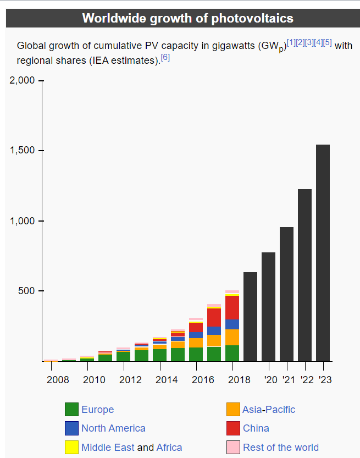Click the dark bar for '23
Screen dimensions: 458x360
pyautogui.click(x=323, y=253)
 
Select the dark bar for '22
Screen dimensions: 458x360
pyautogui.click(x=304, y=275)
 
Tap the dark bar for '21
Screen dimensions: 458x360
pyautogui.click(x=286, y=294)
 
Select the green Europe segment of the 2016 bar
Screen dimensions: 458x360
pyautogui.click(x=196, y=354)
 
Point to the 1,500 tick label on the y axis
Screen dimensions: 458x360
pyautogui.click(x=22, y=151)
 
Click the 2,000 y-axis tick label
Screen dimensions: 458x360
pyautogui.click(x=22, y=81)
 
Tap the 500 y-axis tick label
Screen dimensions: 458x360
pyautogui.click(x=26, y=291)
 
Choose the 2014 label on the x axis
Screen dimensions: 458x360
pyautogui.click(x=167, y=379)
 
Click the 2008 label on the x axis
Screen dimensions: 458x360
pyautogui.click(x=58, y=379)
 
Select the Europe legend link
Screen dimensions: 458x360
pyautogui.click(x=97, y=410)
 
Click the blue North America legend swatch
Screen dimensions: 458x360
pyautogui.click(x=71, y=428)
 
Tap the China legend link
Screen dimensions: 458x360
pyautogui.click(x=256, y=428)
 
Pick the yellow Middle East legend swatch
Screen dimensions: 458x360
pyautogui.click(x=71, y=447)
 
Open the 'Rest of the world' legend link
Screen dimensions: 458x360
pyautogui.click(x=280, y=447)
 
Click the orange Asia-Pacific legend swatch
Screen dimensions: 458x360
pyautogui.click(x=233, y=410)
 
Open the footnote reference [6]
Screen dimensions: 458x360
pyautogui.click(x=165, y=57)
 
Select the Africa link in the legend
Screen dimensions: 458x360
pyautogui.click(x=169, y=447)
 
